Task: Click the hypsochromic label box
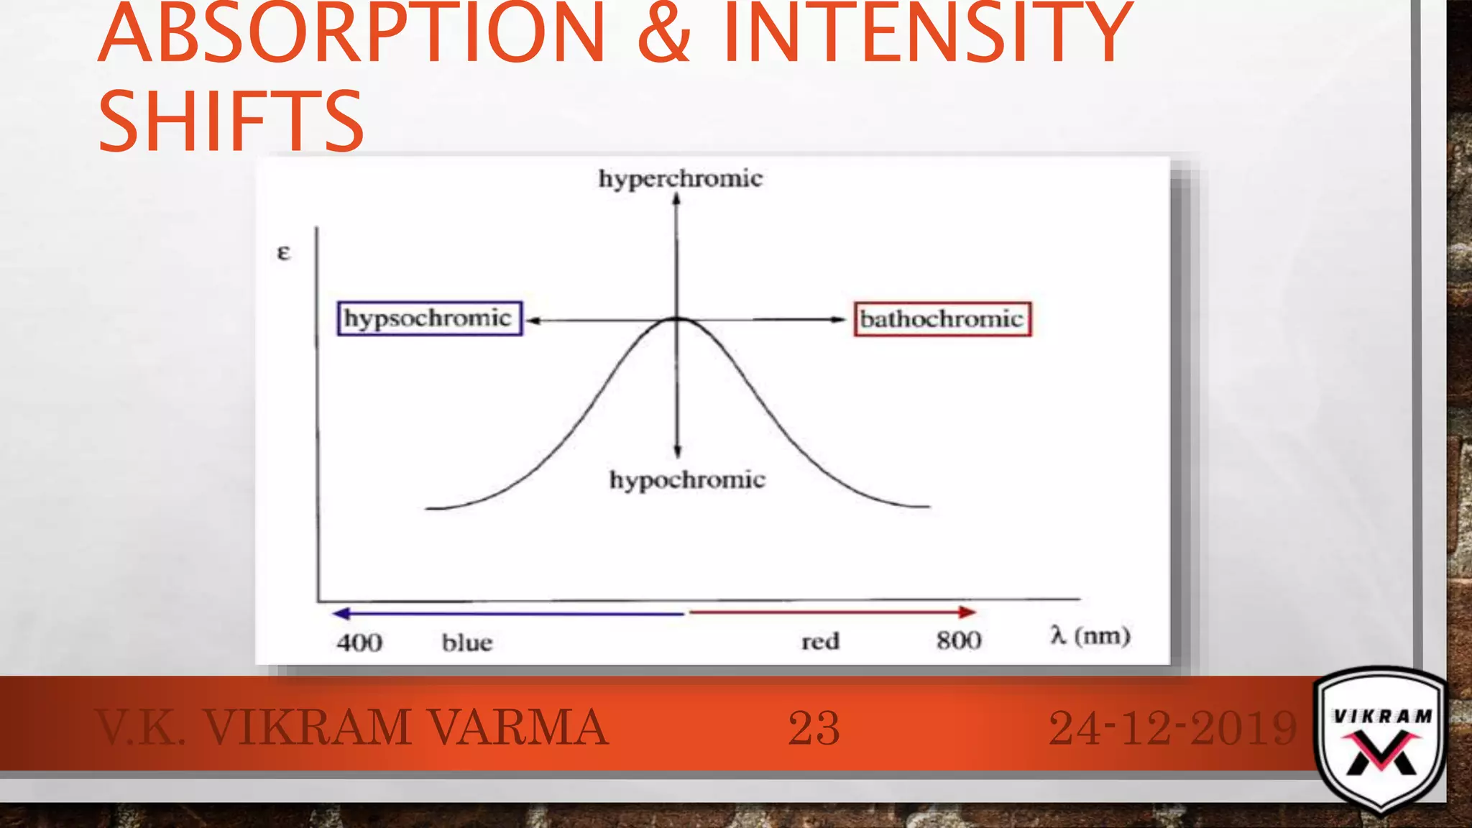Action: [430, 318]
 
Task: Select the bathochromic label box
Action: [942, 319]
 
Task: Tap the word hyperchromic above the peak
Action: [680, 178]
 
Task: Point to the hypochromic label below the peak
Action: [687, 479]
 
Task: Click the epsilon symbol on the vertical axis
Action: [284, 253]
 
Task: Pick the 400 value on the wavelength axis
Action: [359, 642]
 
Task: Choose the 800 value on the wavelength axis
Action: [959, 640]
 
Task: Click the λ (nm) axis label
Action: [1090, 636]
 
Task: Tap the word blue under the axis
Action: [467, 642]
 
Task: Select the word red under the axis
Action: [820, 640]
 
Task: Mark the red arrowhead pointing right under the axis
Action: [967, 612]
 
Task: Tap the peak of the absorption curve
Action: [677, 318]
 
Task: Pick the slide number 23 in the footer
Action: [814, 727]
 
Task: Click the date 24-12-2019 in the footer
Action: [1173, 727]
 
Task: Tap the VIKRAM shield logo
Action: [1380, 740]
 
